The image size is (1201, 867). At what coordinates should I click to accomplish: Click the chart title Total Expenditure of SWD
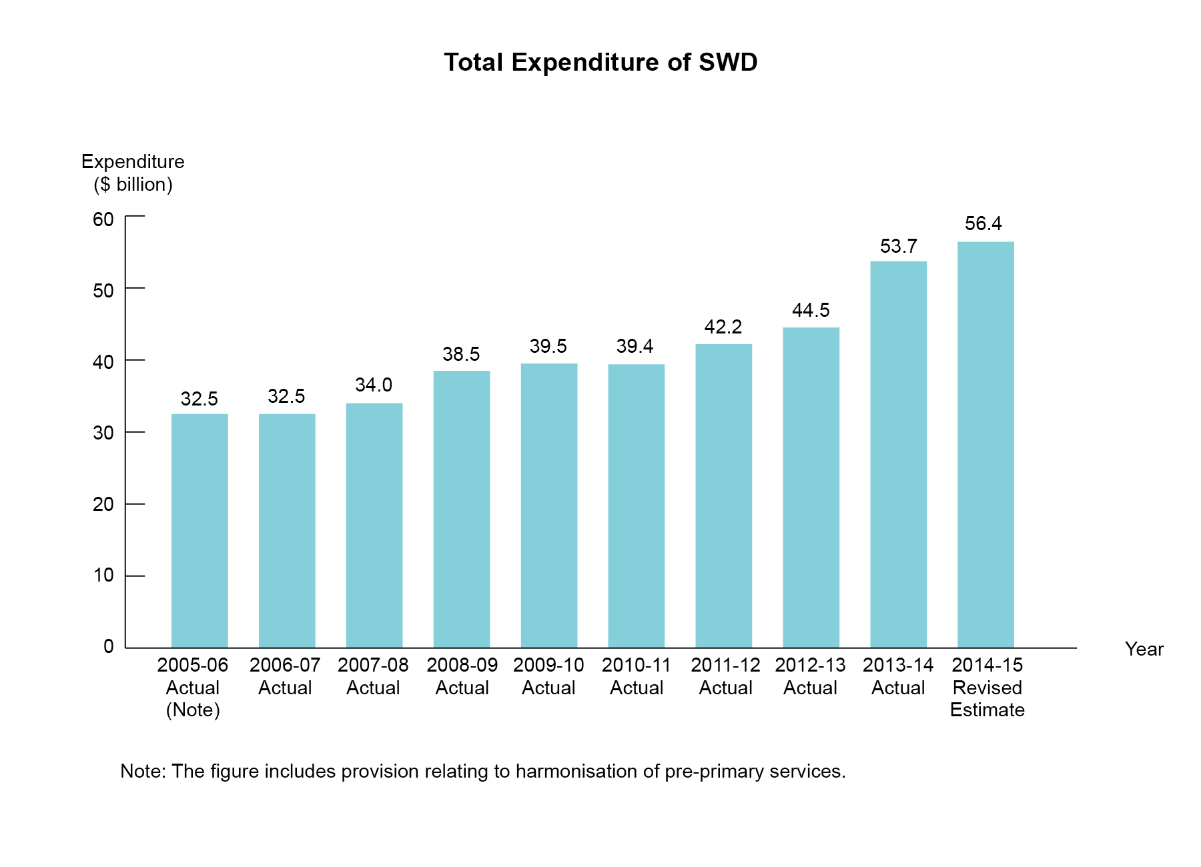click(x=600, y=63)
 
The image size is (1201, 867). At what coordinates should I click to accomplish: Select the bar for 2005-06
click(x=199, y=530)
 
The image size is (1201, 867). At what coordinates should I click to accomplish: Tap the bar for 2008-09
click(x=462, y=509)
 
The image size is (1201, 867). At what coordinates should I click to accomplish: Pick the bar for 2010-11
click(x=637, y=506)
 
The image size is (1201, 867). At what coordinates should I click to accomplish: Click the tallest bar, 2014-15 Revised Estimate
click(x=985, y=444)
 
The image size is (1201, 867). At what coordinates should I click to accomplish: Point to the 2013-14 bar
click(x=898, y=454)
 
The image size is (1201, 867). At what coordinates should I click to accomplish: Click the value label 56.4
click(x=983, y=223)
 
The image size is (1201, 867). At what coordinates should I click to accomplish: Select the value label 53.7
click(x=898, y=246)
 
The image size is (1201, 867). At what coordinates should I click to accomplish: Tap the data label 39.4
click(x=635, y=346)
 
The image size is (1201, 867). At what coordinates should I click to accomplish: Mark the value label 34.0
click(x=374, y=385)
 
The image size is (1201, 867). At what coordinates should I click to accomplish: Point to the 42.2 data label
click(x=723, y=327)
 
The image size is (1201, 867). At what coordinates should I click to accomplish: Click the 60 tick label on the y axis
click(x=103, y=219)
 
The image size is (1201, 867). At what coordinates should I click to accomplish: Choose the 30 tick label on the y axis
click(x=103, y=433)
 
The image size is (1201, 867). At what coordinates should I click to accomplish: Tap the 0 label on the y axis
click(x=108, y=646)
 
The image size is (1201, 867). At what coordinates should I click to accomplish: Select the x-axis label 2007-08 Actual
click(x=373, y=676)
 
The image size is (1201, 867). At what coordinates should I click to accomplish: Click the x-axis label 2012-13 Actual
click(x=810, y=676)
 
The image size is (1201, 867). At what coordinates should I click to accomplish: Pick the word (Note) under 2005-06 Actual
click(x=193, y=710)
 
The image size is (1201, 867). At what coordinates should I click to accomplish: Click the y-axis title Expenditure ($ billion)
click(x=133, y=173)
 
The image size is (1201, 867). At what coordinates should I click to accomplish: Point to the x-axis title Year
click(x=1144, y=649)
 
